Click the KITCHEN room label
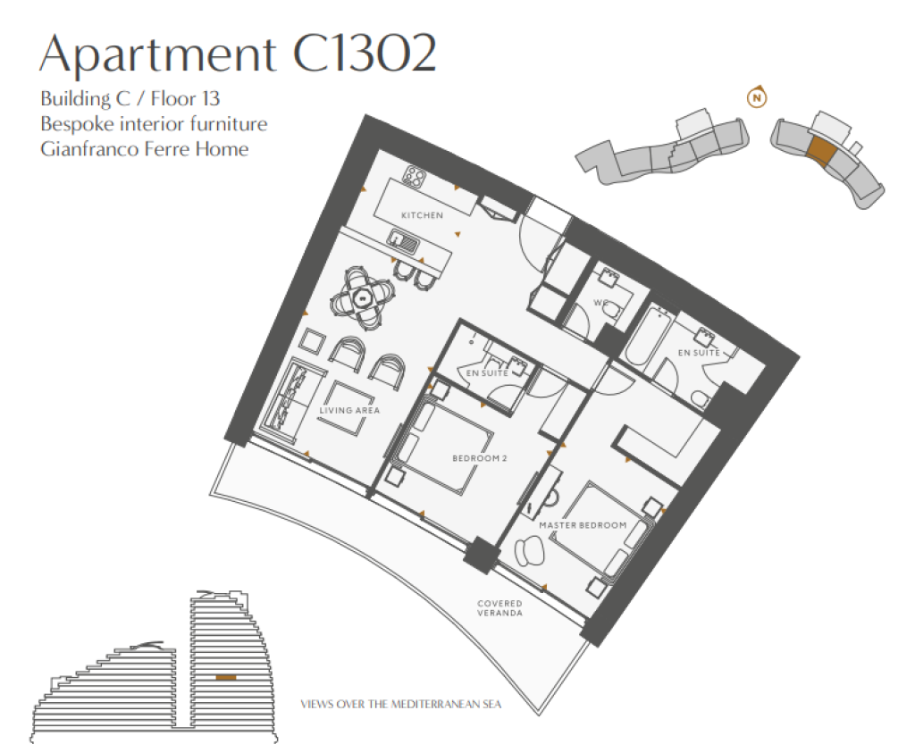422,215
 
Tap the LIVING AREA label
349,411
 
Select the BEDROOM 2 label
480,458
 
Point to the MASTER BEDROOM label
583,525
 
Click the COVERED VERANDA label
499,608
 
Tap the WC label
601,303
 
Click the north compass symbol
757,97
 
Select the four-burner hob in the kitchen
416,175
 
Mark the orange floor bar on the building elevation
226,678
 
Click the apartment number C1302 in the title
365,53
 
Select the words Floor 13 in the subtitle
185,98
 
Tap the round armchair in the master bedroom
529,550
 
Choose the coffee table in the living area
345,408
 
